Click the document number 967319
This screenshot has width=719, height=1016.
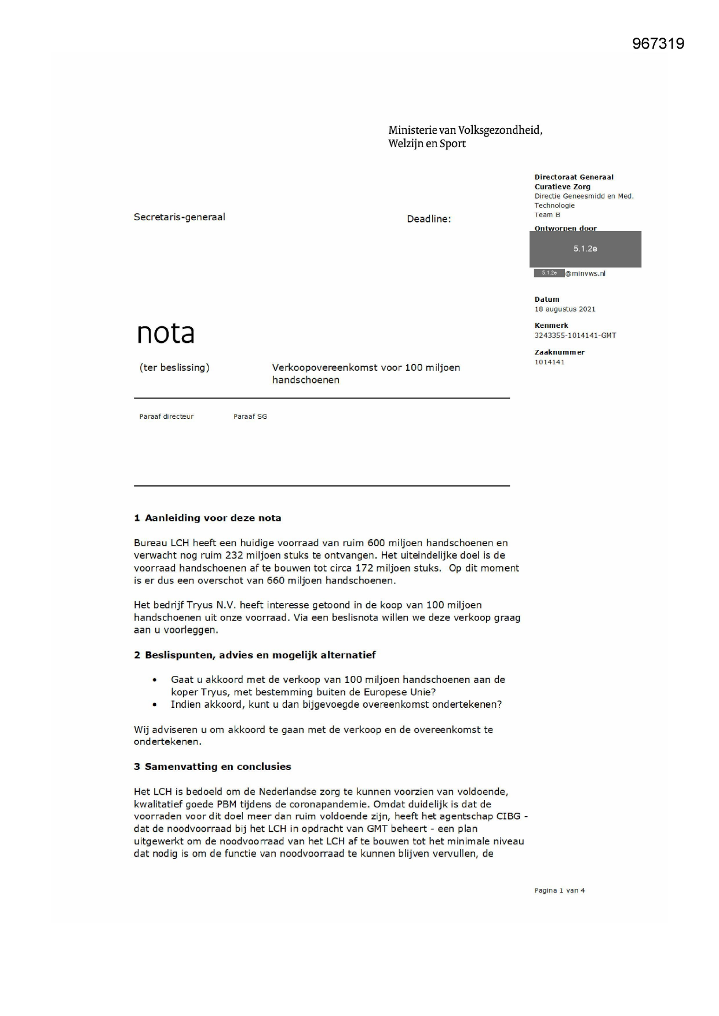pos(658,44)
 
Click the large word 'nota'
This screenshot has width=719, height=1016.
pos(165,333)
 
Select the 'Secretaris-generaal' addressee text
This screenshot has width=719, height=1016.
pos(179,217)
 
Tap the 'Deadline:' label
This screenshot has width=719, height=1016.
pos(428,219)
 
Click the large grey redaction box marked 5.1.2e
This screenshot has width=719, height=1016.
pos(585,249)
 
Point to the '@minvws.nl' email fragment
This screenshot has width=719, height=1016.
pos(585,273)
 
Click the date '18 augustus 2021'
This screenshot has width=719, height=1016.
pos(564,309)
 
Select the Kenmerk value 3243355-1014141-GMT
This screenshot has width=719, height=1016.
pos(575,335)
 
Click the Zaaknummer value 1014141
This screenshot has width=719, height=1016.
pos(549,362)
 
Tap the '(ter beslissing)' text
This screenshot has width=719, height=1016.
pos(174,367)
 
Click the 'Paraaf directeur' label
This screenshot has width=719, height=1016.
pos(166,416)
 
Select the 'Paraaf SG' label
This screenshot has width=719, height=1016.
pos(250,416)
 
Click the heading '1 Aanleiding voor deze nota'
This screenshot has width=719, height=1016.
pos(207,518)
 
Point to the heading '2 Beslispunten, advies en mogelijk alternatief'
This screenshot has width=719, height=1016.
pos(254,655)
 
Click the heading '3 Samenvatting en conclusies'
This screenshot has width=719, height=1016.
pos(212,766)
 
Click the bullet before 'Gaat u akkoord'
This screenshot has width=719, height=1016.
pos(154,680)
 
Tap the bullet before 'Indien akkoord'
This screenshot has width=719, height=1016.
pos(154,705)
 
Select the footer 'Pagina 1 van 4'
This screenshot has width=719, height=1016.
pos(559,890)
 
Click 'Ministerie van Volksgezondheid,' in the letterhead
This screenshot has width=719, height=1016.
pos(465,130)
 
